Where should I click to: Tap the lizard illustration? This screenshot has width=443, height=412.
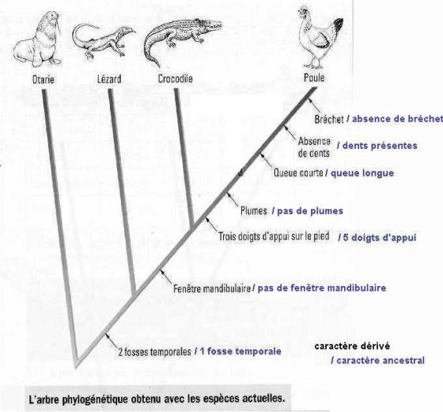(102, 40)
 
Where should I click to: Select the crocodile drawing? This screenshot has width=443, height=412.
(181, 38)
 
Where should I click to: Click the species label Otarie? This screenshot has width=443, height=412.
(44, 79)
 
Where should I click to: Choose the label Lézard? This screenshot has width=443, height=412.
(109, 79)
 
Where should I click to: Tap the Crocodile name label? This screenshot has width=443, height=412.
(175, 78)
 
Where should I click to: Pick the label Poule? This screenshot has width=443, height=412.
(314, 78)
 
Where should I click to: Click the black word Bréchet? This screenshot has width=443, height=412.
(329, 120)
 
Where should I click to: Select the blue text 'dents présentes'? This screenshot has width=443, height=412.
(380, 146)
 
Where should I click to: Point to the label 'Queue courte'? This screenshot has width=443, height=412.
(298, 173)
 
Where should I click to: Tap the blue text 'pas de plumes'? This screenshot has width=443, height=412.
(310, 211)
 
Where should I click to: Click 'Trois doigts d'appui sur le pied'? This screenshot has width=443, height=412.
(274, 236)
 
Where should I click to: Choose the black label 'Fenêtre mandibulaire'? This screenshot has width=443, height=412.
(212, 288)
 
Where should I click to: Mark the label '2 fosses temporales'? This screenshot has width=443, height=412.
(155, 352)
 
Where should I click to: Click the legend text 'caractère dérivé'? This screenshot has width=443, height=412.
(352, 346)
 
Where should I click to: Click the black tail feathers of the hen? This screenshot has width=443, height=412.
(338, 25)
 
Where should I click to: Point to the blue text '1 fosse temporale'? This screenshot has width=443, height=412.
(240, 352)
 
